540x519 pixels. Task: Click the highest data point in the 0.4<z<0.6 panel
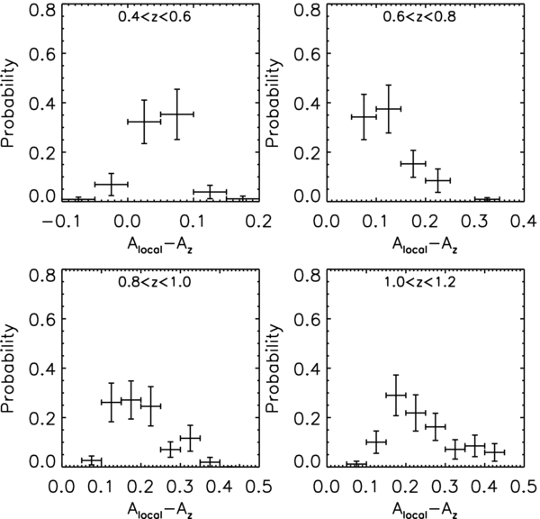point(177,114)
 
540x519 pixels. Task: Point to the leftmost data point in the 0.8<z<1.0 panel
point(91,461)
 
